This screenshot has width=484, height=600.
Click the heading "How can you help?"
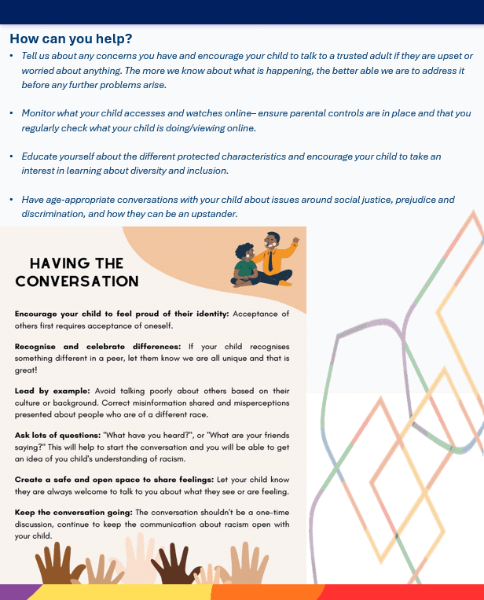click(x=71, y=39)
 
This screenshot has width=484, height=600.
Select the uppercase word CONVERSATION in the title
click(x=77, y=282)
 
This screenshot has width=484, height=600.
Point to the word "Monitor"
click(x=40, y=113)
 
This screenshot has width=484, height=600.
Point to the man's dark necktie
click(x=269, y=260)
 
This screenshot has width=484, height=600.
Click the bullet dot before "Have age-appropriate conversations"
click(x=12, y=200)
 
